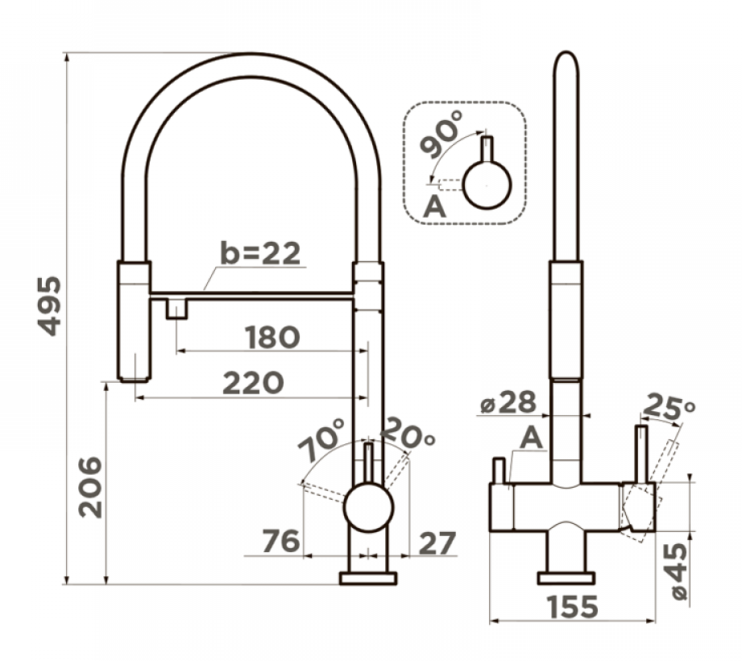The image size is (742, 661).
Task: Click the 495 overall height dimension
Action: point(50,306)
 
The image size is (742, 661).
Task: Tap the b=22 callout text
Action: point(260,253)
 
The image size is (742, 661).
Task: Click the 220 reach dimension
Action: point(253,383)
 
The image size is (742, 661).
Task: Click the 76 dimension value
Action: point(280,542)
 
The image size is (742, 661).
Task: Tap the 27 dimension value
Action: point(435,542)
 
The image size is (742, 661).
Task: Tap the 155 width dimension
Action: point(574,605)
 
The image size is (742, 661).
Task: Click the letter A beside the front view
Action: point(531,439)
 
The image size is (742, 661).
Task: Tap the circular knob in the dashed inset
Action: point(487,185)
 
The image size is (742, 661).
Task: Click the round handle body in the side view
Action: point(369,507)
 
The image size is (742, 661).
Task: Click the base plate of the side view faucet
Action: point(368,578)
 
